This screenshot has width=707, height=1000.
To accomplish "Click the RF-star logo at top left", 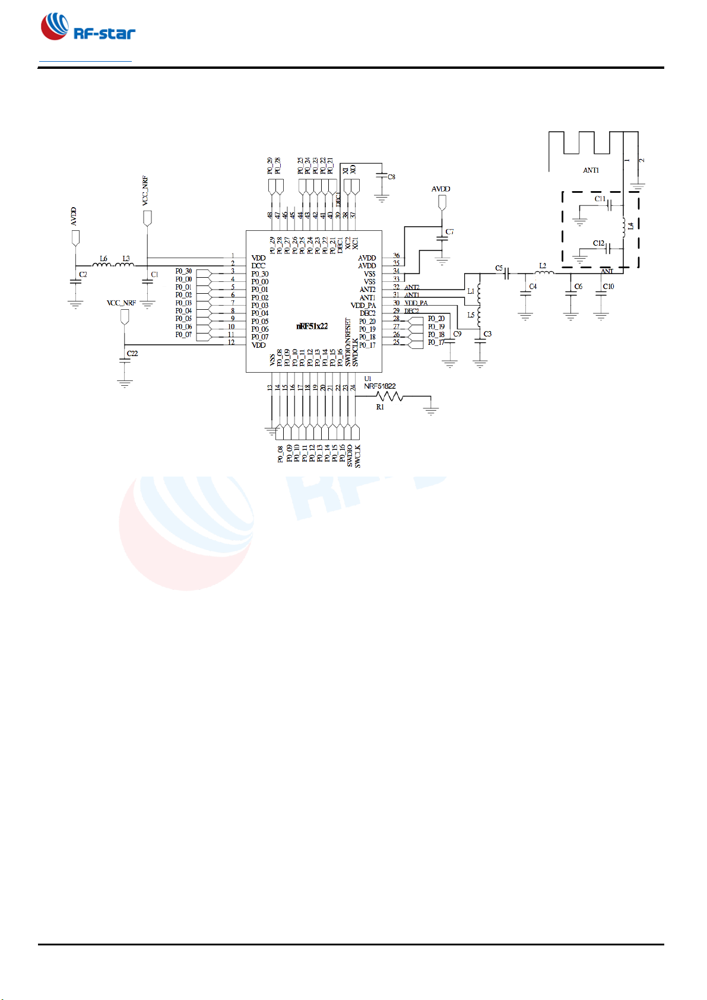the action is click(x=88, y=28).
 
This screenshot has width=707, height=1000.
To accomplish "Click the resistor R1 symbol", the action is click(x=389, y=396).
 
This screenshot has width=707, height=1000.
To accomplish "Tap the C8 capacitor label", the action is click(x=391, y=177).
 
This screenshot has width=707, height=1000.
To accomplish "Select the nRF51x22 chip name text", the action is click(x=312, y=326).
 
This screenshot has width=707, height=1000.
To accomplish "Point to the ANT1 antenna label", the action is click(x=591, y=170).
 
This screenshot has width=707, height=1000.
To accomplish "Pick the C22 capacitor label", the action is click(x=132, y=353).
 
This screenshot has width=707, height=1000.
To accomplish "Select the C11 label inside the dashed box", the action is click(x=600, y=199).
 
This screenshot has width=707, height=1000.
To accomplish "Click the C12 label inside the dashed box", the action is click(x=598, y=243).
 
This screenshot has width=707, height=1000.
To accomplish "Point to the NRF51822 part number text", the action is click(x=380, y=386).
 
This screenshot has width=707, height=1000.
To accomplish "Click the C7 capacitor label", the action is click(x=449, y=232).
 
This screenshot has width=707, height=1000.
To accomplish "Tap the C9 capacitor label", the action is click(x=457, y=334).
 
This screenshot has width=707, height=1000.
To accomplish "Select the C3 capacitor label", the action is click(x=487, y=334).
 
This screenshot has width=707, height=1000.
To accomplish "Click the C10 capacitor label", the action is click(x=608, y=286).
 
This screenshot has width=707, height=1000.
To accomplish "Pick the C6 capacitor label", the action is click(x=578, y=286).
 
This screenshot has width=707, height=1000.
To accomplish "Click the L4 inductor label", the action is click(x=631, y=226).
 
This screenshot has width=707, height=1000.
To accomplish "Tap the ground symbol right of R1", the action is click(x=431, y=409).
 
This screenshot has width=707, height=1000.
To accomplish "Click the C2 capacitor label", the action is click(x=83, y=275).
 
